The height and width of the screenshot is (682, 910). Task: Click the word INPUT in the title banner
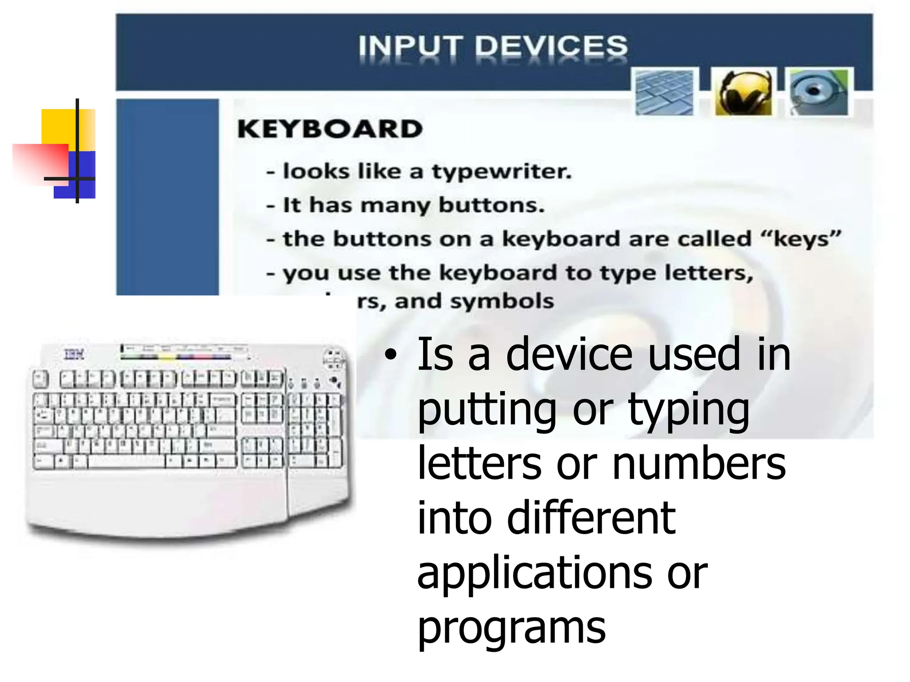(409, 46)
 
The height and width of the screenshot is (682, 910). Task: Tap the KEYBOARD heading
(330, 129)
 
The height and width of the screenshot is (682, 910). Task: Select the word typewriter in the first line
(502, 172)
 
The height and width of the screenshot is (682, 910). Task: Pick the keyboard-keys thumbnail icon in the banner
(664, 92)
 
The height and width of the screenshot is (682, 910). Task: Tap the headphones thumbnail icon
(743, 92)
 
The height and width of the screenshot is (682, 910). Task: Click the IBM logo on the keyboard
(74, 354)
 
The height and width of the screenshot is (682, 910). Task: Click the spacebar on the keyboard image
(127, 462)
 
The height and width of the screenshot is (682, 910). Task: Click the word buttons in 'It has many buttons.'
(491, 205)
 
